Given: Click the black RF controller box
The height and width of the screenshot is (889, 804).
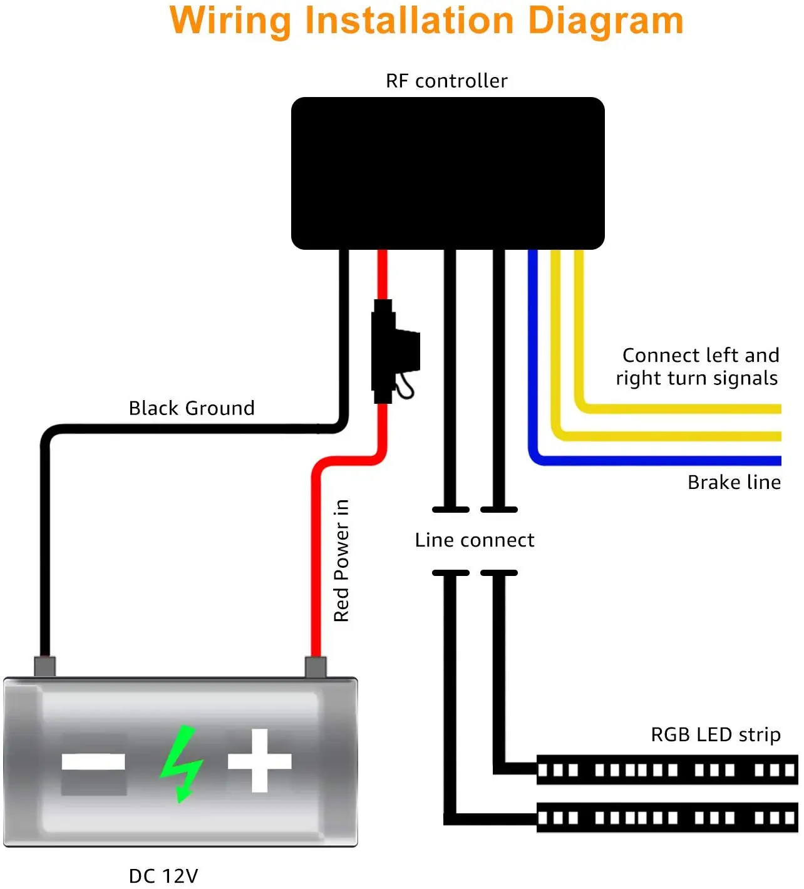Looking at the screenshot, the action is pyautogui.click(x=448, y=173).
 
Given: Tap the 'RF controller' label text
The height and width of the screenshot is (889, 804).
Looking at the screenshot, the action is pyautogui.click(x=446, y=81).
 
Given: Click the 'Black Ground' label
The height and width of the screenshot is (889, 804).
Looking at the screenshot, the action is pyautogui.click(x=192, y=408).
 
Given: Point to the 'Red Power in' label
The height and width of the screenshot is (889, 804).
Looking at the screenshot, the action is pyautogui.click(x=341, y=560).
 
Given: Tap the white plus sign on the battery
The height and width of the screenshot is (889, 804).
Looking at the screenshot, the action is pyautogui.click(x=259, y=761).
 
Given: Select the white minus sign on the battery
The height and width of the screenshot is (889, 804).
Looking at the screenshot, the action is pyautogui.click(x=93, y=763).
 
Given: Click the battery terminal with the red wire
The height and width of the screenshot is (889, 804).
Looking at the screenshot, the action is pyautogui.click(x=316, y=667).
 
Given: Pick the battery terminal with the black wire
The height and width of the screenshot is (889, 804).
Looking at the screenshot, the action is pyautogui.click(x=45, y=666).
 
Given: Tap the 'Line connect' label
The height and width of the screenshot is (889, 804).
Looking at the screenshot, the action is pyautogui.click(x=475, y=540).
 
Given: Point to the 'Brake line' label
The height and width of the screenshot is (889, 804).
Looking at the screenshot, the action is pyautogui.click(x=734, y=482).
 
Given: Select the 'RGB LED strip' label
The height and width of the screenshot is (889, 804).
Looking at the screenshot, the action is pyautogui.click(x=716, y=735).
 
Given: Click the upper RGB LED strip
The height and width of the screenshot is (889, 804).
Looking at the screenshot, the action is pyautogui.click(x=667, y=770).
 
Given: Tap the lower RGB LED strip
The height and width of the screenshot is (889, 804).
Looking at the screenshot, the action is pyautogui.click(x=667, y=818).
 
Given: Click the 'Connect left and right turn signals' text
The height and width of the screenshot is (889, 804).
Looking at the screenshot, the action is pyautogui.click(x=697, y=367).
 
